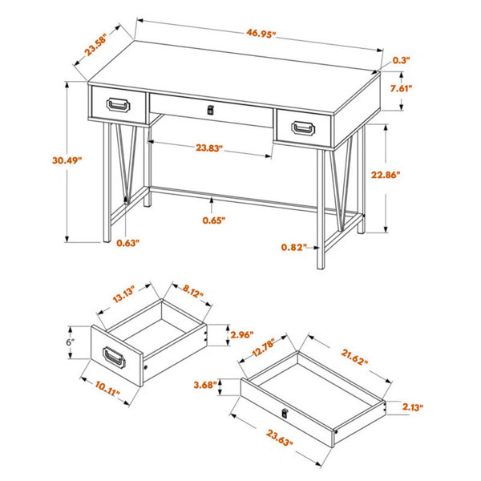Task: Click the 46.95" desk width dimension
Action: pos(260,33)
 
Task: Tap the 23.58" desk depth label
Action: pos(95,45)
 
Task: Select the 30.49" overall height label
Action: pos(67,160)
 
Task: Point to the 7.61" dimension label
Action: pos(401,88)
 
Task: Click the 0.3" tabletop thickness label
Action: pos(402,60)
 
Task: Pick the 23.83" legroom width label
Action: pos(209,148)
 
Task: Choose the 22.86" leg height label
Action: pos(386,175)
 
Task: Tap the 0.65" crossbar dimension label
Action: pos(214,220)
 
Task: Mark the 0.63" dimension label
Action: pos(127,243)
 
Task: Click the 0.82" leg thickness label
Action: pos(294,247)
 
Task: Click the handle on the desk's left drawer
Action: pos(118,105)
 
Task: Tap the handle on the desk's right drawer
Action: pos(303,128)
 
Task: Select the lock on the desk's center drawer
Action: pos(210,110)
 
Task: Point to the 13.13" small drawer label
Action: pos(123,294)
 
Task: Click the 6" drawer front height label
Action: pos(71,342)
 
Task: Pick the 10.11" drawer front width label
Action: pos(107,388)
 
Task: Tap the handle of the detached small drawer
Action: pos(114,358)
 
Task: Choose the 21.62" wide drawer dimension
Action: pos(354,357)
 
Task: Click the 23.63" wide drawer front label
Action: pos(280,438)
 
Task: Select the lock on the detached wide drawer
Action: pos(285,413)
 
